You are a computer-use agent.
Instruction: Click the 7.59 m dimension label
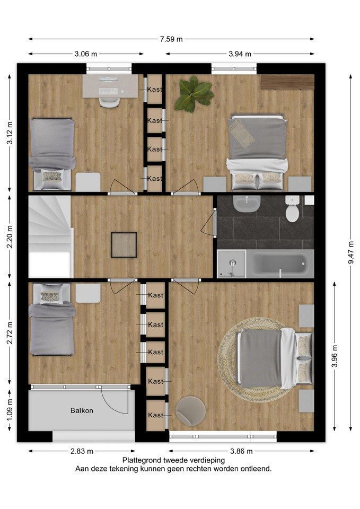click(x=171, y=39)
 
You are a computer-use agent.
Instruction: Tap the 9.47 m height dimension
click(x=351, y=252)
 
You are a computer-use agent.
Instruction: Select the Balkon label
click(x=82, y=410)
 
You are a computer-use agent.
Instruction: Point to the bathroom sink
click(x=247, y=204)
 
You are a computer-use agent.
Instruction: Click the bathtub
click(x=280, y=264)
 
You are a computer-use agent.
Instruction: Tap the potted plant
click(x=194, y=94)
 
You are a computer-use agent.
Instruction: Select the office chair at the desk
click(x=109, y=102)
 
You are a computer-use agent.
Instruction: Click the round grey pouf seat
click(x=190, y=410)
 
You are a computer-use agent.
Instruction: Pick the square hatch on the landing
click(x=124, y=245)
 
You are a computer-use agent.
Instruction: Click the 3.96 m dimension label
click(x=335, y=356)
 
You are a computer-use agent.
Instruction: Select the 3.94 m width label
click(x=240, y=54)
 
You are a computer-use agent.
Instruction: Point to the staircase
click(x=50, y=236)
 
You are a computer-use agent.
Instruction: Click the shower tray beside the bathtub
click(x=232, y=264)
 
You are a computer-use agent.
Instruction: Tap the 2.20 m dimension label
click(x=10, y=236)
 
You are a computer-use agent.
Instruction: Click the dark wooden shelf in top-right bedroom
click(x=287, y=82)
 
